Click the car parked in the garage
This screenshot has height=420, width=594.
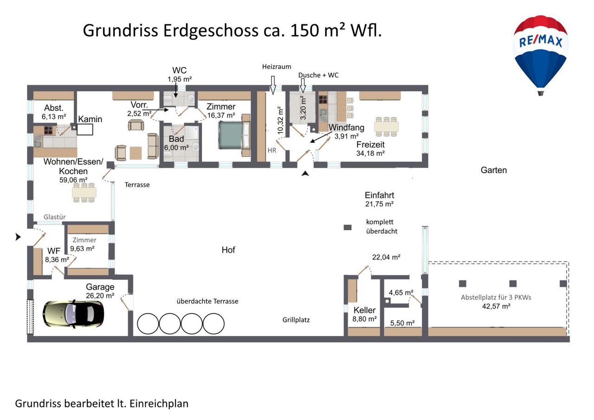(x=73, y=314)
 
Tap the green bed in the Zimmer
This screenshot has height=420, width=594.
(x=231, y=135)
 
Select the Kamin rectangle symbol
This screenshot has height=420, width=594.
(x=85, y=129)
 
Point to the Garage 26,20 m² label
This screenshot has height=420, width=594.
(x=100, y=291)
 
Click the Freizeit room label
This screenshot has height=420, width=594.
(x=370, y=144)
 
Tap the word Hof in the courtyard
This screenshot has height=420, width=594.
(x=228, y=250)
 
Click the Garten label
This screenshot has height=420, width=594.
(x=494, y=170)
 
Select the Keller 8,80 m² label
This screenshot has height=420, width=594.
(x=365, y=314)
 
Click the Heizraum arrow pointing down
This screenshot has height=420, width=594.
(x=273, y=85)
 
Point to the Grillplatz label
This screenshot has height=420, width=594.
(x=296, y=320)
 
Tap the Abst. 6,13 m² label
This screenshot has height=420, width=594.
(x=54, y=112)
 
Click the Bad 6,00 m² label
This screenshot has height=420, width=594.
(x=176, y=143)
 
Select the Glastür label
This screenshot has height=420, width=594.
(x=55, y=217)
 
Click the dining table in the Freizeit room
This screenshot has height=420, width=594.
(x=387, y=127)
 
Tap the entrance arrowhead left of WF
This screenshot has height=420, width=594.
(x=18, y=237)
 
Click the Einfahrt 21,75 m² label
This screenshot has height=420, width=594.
(x=379, y=200)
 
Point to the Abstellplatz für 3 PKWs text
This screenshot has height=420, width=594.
(x=496, y=297)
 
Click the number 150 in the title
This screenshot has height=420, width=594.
(x=305, y=30)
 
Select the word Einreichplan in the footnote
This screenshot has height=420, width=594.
(x=159, y=404)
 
